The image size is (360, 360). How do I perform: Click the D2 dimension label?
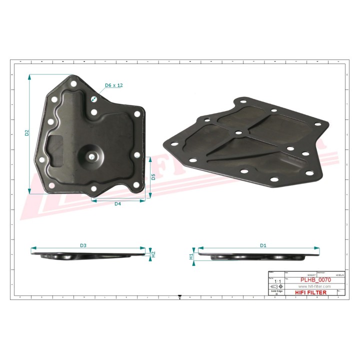click(27, 133)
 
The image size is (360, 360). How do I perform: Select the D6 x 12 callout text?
click(113, 85)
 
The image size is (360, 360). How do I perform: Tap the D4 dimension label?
click(118, 204)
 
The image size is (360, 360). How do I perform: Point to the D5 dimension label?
click(153, 176)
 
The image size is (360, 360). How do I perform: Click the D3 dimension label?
click(83, 245)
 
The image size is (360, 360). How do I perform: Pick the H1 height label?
click(191, 256)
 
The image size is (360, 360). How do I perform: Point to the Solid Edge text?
click(276, 291)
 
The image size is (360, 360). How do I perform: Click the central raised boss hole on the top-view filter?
click(93, 156)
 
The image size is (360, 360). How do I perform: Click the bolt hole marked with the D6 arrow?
click(93, 99)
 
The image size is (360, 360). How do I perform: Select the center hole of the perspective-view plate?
click(238, 133)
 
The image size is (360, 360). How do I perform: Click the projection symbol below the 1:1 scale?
click(276, 286)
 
